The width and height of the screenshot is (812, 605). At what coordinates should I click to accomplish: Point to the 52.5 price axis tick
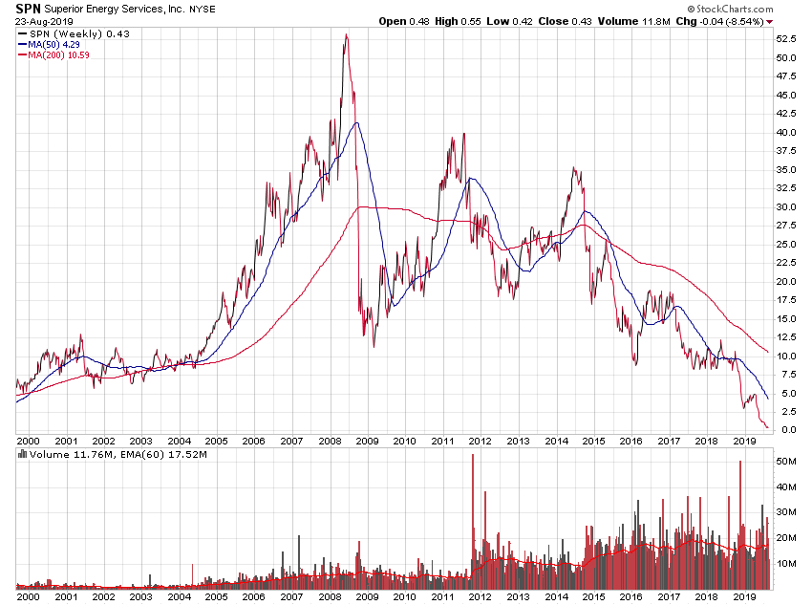[x=786, y=39]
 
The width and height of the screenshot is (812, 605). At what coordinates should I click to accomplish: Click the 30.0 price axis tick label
[x=786, y=206]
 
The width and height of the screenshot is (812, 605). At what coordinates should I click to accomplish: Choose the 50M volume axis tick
[x=786, y=462]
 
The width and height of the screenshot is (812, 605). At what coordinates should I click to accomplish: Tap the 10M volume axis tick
[x=786, y=563]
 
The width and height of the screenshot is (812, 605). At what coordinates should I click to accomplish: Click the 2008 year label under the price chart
[x=329, y=441]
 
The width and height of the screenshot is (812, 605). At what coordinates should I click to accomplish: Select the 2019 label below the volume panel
[x=743, y=596]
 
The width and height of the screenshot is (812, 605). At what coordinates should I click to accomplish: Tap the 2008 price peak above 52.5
[x=346, y=36]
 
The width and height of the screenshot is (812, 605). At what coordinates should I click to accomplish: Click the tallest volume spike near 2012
[x=472, y=457]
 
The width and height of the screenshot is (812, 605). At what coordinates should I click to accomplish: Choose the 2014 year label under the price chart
[x=555, y=441]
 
